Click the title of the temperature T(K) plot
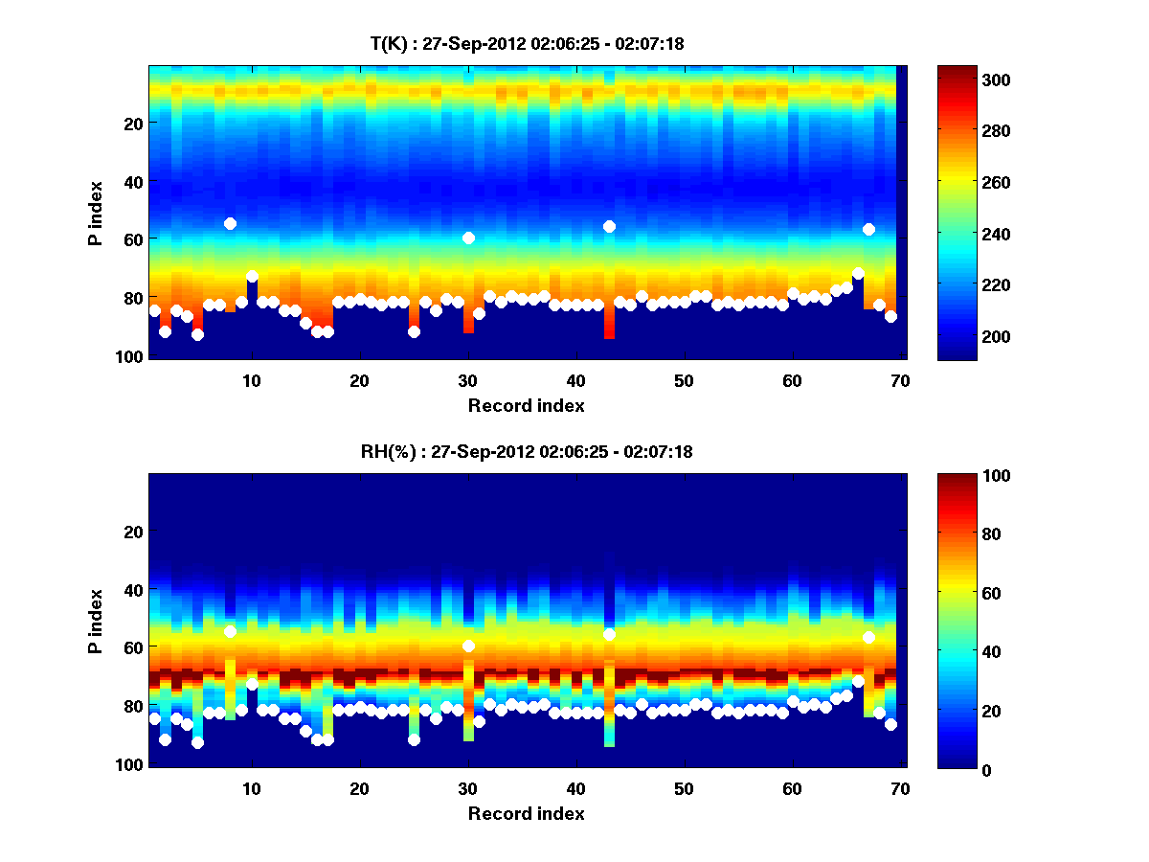527,43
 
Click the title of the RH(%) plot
527,452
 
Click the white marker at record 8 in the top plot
230,223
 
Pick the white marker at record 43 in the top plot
609,226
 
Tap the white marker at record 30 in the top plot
468,238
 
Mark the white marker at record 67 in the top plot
868,229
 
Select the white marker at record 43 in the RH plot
609,634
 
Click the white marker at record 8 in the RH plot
230,631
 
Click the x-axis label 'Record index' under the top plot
527,405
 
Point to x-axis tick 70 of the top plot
900,380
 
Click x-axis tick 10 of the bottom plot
251,788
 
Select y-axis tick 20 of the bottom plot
134,532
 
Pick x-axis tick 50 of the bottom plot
684,788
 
